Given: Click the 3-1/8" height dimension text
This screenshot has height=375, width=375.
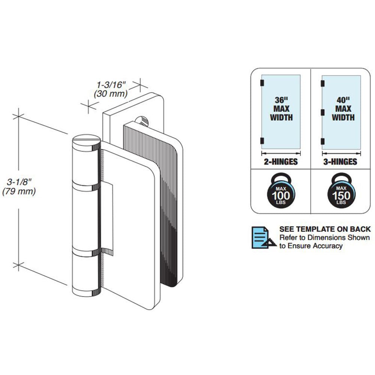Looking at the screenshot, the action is pos(19,182).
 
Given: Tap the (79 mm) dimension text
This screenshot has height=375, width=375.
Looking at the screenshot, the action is pos(19,191).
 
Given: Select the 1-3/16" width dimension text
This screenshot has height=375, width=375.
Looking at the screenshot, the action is pos(111,84).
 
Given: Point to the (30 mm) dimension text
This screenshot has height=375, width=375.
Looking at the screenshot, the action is pos(111,93).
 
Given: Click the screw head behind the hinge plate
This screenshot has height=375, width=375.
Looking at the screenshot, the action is pos(142,121).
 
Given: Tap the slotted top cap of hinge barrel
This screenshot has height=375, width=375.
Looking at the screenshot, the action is pos(86,139).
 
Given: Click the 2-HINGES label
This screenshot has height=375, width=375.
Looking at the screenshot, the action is pos(281,162).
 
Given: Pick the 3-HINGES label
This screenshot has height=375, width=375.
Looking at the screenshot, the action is pos(340,162).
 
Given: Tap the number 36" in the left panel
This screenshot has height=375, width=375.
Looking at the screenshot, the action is pos(281,100).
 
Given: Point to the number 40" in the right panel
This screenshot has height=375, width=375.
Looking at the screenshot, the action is pos(343,100).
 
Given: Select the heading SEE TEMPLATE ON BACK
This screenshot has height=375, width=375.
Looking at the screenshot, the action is pos(325,229).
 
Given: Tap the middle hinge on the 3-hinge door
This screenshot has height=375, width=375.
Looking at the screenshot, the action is pos(322,112).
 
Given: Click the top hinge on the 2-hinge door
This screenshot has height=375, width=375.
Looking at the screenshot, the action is pos(262,83).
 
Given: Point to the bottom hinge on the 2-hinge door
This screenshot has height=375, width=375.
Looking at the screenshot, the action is pos(262,141).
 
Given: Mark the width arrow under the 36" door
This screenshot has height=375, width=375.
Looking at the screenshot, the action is pos(281,153).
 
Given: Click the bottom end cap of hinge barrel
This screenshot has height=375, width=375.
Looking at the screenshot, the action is pos(86,292).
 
